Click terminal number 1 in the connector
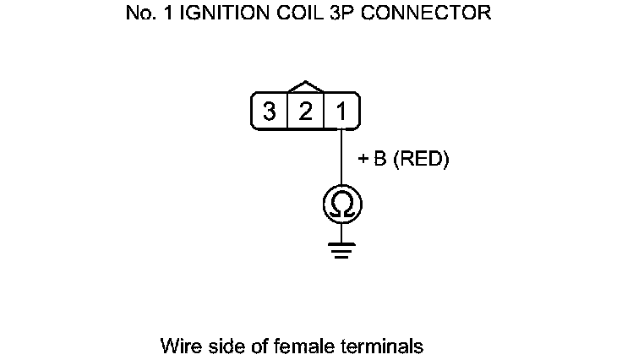[341, 112]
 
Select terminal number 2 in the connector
[305, 112]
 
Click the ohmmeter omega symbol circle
[341, 203]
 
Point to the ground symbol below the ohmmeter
[341, 248]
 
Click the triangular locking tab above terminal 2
[305, 87]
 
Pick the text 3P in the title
[356, 15]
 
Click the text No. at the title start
[137, 15]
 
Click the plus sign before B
[363, 159]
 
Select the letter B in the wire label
[379, 159]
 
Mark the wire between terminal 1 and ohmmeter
[341, 156]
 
